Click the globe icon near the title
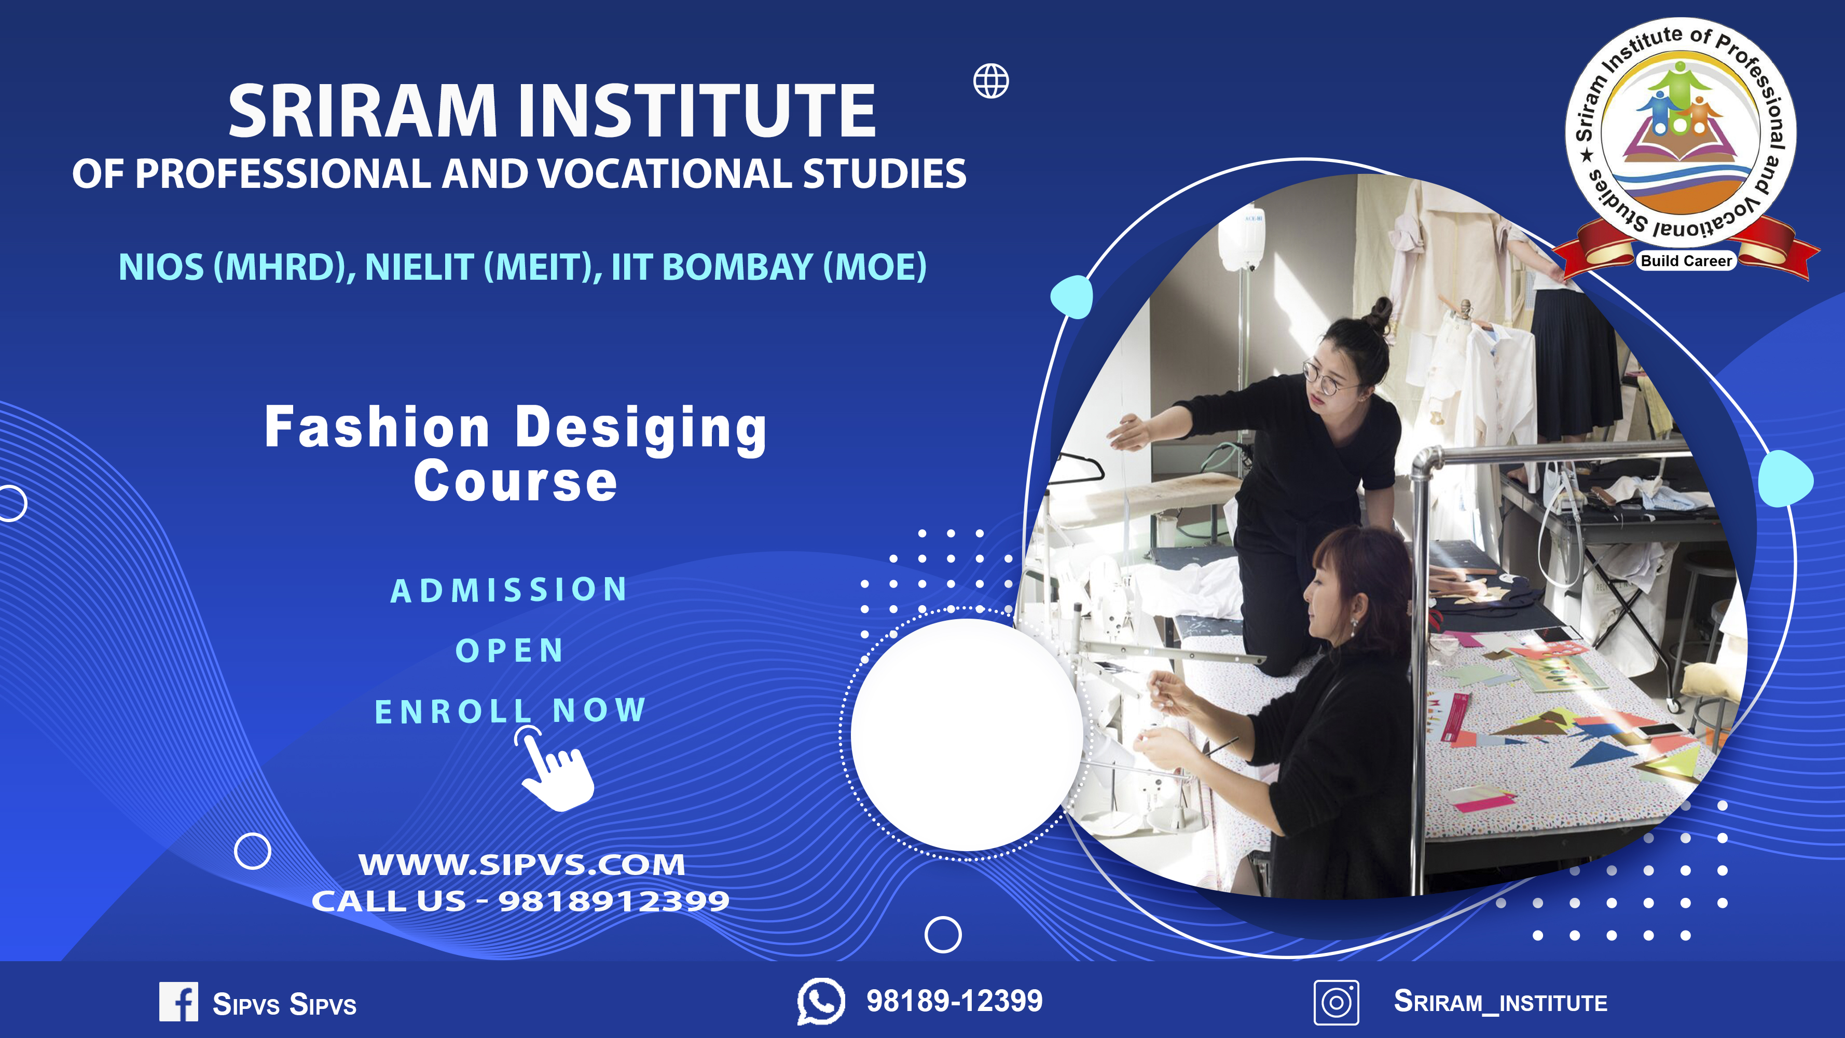(x=992, y=81)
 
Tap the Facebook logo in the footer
(x=178, y=1002)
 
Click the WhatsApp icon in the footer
(x=821, y=1001)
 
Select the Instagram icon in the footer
(x=1336, y=1002)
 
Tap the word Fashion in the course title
(x=377, y=427)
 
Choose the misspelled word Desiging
(x=641, y=429)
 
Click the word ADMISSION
(x=509, y=590)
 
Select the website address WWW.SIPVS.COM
(x=522, y=864)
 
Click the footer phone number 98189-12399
(x=955, y=1001)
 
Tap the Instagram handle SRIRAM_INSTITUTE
(x=1500, y=1002)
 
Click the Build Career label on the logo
(x=1686, y=261)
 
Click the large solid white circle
(x=967, y=735)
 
